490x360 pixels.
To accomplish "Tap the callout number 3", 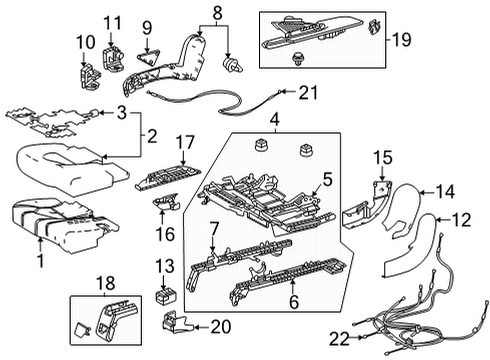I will click(x=122, y=112).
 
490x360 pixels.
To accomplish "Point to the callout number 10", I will click(x=79, y=43).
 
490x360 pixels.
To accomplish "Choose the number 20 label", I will click(x=218, y=326).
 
